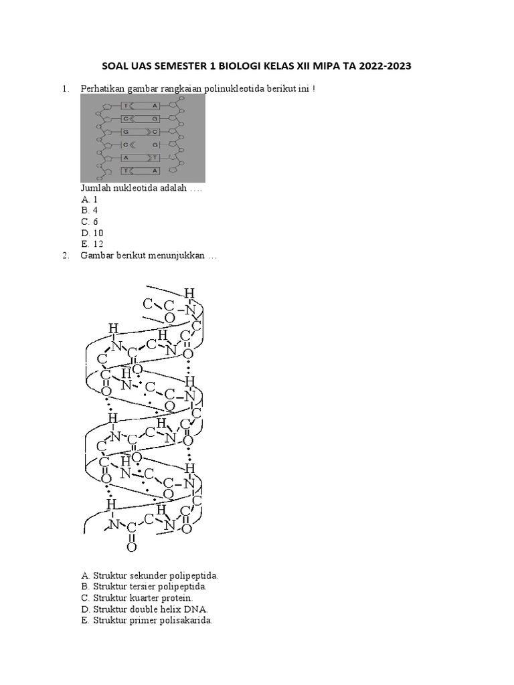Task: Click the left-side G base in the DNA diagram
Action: [x=125, y=132]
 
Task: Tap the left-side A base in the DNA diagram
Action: [x=125, y=157]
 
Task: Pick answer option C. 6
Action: [x=90, y=221]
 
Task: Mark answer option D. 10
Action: [x=92, y=233]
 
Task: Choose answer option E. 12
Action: [x=92, y=243]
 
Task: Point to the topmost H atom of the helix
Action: [x=189, y=292]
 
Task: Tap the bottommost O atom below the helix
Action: [x=131, y=547]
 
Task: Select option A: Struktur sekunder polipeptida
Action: [x=149, y=575]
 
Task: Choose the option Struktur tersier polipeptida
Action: [x=145, y=587]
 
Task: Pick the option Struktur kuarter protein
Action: [x=137, y=597]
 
